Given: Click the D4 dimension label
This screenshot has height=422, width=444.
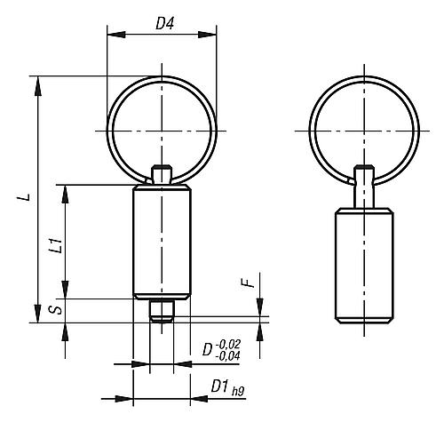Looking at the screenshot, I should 163,24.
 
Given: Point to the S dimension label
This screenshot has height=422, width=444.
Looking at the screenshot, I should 56,311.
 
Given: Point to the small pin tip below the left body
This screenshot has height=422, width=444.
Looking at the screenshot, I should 161,313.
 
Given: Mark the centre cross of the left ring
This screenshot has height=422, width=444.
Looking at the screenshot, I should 161,131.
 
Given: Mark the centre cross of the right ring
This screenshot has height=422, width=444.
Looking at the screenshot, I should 364,131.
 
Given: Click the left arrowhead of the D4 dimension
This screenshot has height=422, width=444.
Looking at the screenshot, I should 111,36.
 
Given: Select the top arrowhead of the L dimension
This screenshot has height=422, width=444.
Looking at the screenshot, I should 39,81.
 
